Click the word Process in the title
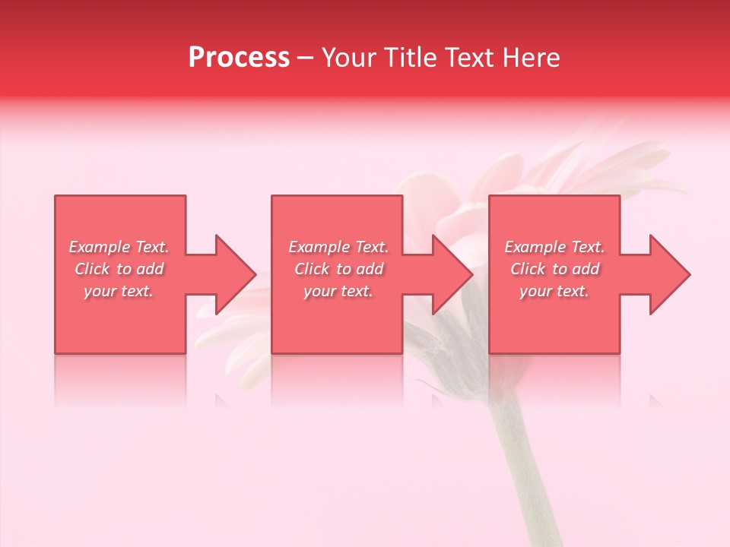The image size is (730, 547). pos(239,58)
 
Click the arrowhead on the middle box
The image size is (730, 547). pos(448,274)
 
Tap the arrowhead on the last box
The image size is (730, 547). pos(665,274)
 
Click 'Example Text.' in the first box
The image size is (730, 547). pos(119,247)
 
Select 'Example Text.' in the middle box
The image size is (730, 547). pos(338,247)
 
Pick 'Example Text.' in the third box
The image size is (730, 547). pos(554,247)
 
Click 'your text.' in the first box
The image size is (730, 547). pos(119,291)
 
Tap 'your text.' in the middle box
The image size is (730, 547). pos(338,291)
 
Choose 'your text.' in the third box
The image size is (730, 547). pos(554,291)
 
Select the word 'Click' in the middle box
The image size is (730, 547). pos(312,269)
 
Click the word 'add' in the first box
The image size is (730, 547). pos(151,269)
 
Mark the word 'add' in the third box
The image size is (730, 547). pos(586,269)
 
